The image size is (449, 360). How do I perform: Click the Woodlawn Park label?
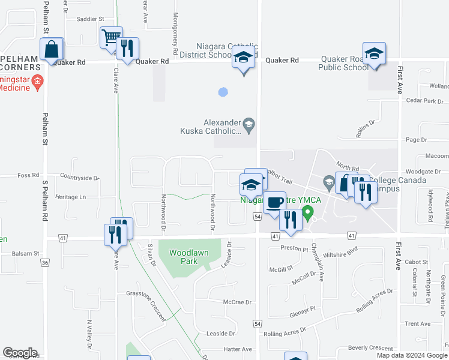pyautogui.click(x=188, y=257)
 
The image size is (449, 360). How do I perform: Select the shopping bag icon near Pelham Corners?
pyautogui.click(x=52, y=49)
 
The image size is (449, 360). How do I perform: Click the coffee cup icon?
pyautogui.click(x=275, y=202)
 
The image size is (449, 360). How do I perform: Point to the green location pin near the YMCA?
pyautogui.click(x=308, y=212)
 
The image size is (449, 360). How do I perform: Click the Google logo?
pyautogui.click(x=20, y=353)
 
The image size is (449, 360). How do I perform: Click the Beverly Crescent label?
pyautogui.click(x=370, y=348)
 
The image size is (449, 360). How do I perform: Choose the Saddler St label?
pyautogui.click(x=90, y=19)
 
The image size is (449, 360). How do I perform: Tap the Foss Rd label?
pyautogui.click(x=28, y=175)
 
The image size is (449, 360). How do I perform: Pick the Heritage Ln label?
pyautogui.click(x=70, y=197)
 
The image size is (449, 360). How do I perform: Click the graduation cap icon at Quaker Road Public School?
pyautogui.click(x=373, y=53)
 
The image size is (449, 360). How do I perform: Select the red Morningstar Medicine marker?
pyautogui.click(x=37, y=81)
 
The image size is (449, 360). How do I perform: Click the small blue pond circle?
pyautogui.click(x=223, y=92)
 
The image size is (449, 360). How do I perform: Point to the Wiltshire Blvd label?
pyautogui.click(x=340, y=251)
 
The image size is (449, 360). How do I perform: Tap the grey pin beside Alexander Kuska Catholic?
pyautogui.click(x=250, y=125)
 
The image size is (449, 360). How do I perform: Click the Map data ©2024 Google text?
pyautogui.click(x=412, y=355)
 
